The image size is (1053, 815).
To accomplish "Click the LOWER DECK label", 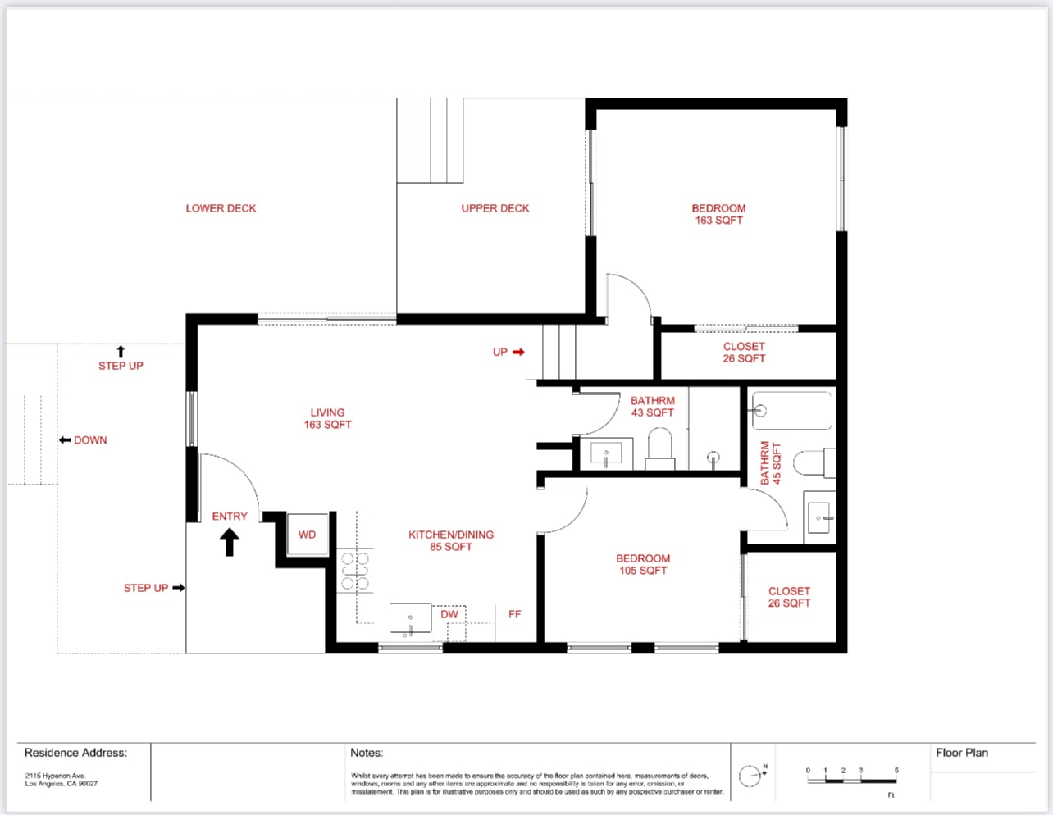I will [x=221, y=208].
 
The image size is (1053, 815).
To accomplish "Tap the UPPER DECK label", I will [x=495, y=208].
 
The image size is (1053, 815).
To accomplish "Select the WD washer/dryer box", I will [x=308, y=535].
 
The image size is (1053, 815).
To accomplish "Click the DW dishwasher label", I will [x=449, y=614].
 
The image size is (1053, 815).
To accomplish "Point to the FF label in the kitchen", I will [x=514, y=614].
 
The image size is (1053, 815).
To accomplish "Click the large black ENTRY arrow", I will [x=230, y=542].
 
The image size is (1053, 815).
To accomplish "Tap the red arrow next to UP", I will [x=518, y=352].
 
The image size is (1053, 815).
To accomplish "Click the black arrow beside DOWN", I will [x=65, y=440].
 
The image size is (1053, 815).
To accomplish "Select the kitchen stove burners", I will [x=355, y=571].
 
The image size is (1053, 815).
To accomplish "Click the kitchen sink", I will [x=410, y=619].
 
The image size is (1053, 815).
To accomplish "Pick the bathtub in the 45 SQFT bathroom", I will [x=792, y=411].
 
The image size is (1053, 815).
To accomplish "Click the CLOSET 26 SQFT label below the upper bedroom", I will [x=744, y=353].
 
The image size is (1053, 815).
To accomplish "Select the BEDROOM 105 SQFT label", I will [x=643, y=564].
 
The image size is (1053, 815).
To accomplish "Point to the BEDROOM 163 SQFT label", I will [x=718, y=214].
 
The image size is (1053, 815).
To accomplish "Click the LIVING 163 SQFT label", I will [x=327, y=418].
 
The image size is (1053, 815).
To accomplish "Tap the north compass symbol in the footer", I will [x=750, y=776].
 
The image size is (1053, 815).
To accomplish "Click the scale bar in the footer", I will [x=851, y=780].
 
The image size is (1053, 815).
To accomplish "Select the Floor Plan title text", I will [x=961, y=753].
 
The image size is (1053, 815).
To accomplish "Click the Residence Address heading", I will [x=75, y=753].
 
